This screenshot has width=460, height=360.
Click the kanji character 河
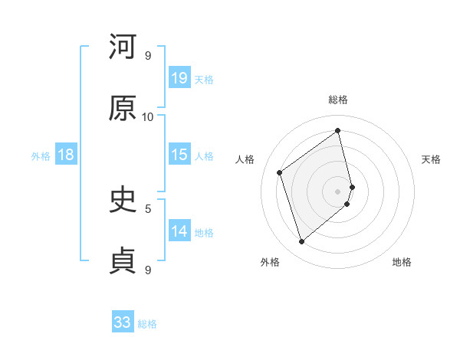(x=123, y=47)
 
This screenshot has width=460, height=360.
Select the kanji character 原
(x=123, y=108)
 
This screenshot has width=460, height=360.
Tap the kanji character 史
(x=123, y=200)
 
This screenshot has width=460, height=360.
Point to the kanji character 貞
(x=123, y=261)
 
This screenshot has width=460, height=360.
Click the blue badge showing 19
(x=179, y=77)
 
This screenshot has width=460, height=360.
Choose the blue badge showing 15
(x=179, y=154)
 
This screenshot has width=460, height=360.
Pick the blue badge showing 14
(x=179, y=231)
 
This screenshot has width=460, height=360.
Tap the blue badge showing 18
(x=66, y=155)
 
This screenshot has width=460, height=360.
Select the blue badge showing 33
(x=123, y=322)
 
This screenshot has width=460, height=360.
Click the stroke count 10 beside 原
(x=148, y=116)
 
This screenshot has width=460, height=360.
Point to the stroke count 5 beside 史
(x=148, y=208)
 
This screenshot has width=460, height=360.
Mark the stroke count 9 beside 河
(x=148, y=55)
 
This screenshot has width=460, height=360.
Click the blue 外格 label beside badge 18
(x=41, y=155)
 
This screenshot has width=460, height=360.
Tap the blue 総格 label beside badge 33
(x=147, y=324)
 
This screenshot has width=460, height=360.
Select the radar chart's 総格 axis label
(x=338, y=100)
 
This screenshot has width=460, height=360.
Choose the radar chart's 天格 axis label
(x=432, y=159)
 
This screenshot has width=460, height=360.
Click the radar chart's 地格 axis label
(x=402, y=262)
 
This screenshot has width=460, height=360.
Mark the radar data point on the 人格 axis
(x=280, y=172)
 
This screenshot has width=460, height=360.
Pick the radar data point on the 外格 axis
(x=301, y=242)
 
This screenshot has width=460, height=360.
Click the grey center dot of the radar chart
(x=338, y=190)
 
